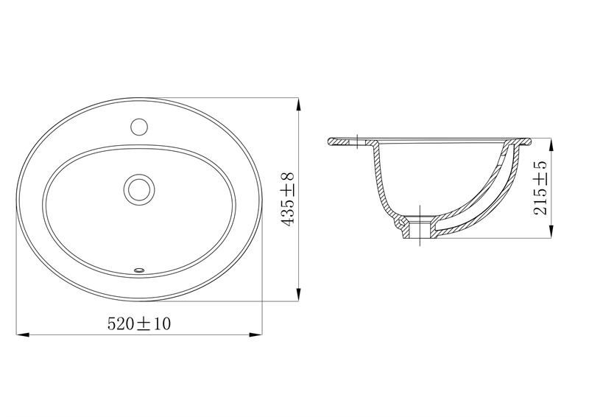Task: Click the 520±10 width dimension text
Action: point(139,323)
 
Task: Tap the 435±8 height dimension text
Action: point(288,199)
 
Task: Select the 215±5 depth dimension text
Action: point(540,188)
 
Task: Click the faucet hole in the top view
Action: point(139,127)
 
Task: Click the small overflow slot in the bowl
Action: point(139,269)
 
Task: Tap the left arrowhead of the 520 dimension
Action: point(23,334)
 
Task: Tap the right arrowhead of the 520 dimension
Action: point(255,334)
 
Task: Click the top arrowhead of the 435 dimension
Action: point(298,104)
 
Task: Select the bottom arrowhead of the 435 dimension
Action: point(298,295)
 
